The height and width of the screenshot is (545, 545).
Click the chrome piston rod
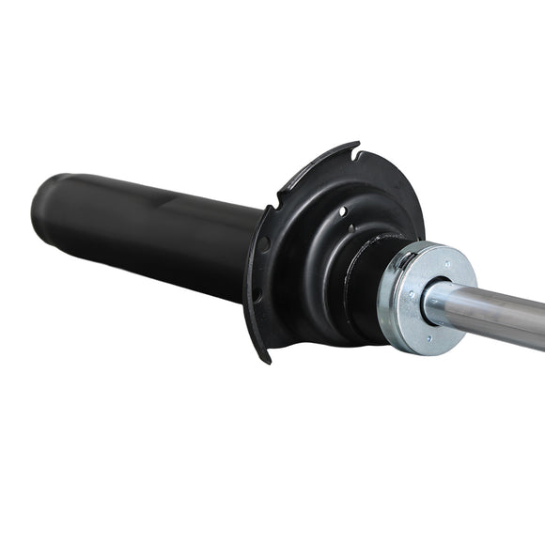(498, 315)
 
